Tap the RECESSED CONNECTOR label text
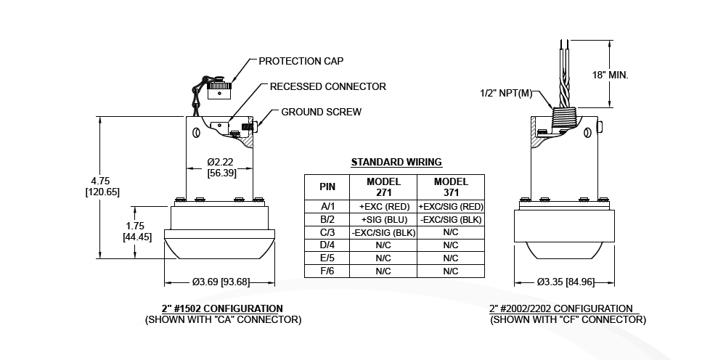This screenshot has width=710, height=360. pyautogui.click(x=327, y=86)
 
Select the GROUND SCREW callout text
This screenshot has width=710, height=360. pyautogui.click(x=321, y=112)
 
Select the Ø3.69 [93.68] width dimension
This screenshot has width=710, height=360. pyautogui.click(x=221, y=282)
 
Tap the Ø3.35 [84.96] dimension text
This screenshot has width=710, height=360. pyautogui.click(x=565, y=282)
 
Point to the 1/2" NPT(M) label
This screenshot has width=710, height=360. pyautogui.click(x=506, y=93)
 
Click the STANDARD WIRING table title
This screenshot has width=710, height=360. pyautogui.click(x=396, y=162)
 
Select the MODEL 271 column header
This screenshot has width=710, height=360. pyautogui.click(x=383, y=187)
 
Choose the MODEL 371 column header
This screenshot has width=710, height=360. pyautogui.click(x=450, y=187)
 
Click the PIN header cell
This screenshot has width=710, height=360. pyautogui.click(x=327, y=187)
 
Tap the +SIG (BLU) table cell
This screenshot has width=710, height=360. pyautogui.click(x=383, y=219)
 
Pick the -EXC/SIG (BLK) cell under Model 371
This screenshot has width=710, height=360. pyautogui.click(x=450, y=219)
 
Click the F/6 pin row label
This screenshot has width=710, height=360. pyautogui.click(x=327, y=271)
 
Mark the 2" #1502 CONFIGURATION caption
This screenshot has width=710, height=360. pyautogui.click(x=222, y=308)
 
